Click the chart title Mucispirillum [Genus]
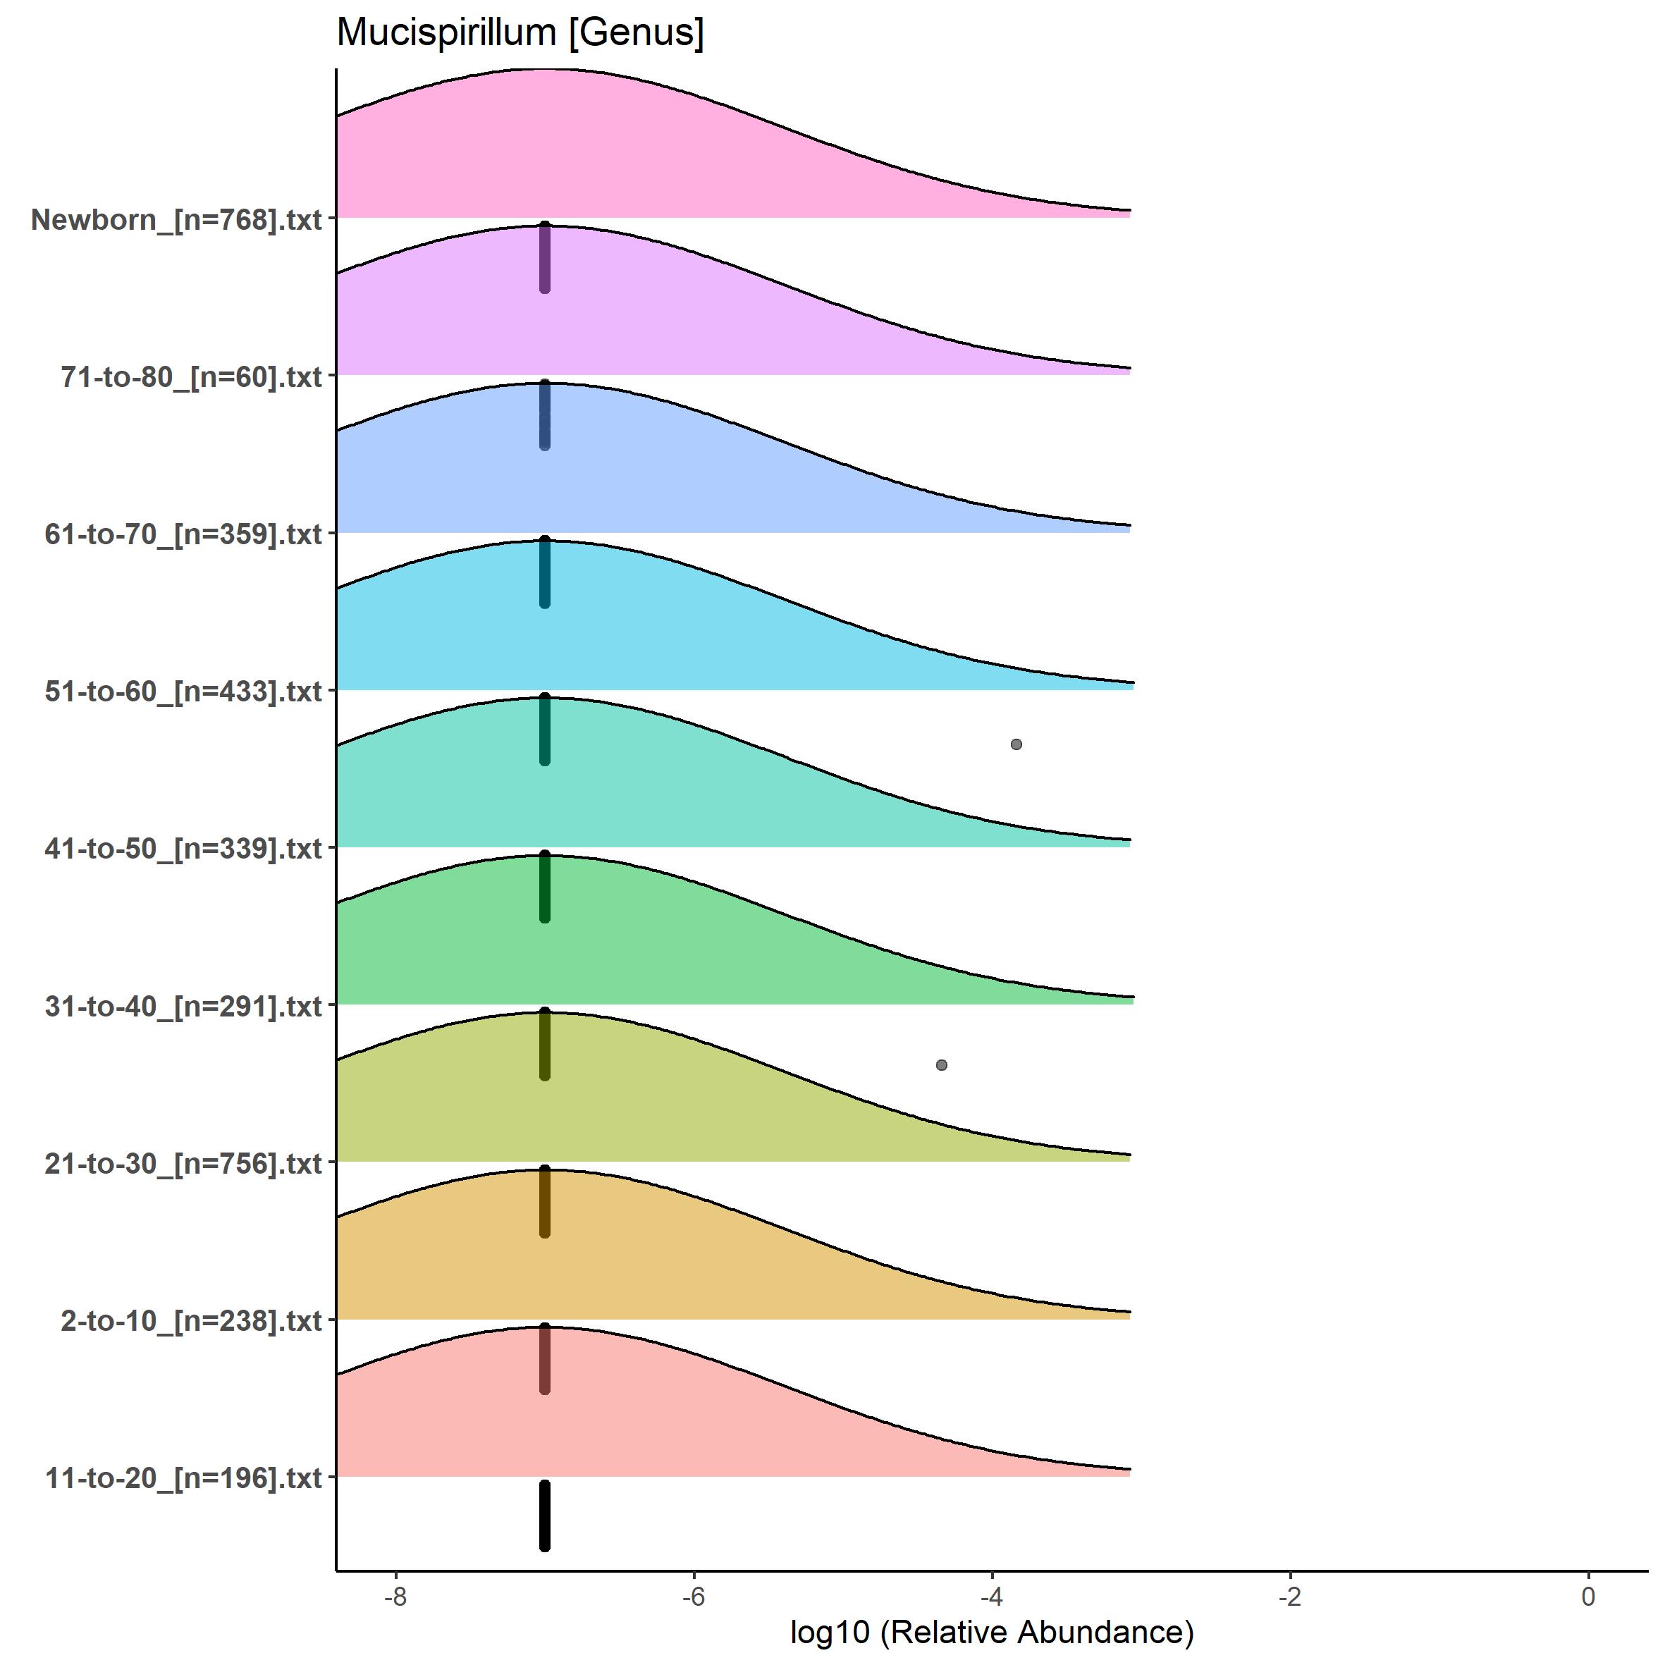(520, 32)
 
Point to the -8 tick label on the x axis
(395, 1596)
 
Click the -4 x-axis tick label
(992, 1596)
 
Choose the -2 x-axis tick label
(1289, 1596)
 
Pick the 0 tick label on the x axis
(1588, 1596)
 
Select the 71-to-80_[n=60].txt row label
(191, 376)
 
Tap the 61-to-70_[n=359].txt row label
(183, 534)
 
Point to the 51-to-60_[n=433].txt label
(183, 691)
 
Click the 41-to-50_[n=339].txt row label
(183, 849)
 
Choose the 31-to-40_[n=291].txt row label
(183, 1006)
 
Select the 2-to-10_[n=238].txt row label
(191, 1320)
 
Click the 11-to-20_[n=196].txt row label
(183, 1478)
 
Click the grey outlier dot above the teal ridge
(1016, 744)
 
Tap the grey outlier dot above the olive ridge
(941, 1065)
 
